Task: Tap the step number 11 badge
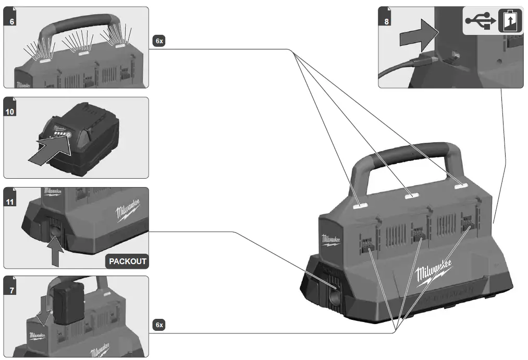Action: pyautogui.click(x=10, y=202)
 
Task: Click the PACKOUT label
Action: pyautogui.click(x=127, y=261)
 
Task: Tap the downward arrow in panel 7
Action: pyautogui.click(x=44, y=311)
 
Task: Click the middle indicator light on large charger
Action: pyautogui.click(x=411, y=195)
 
